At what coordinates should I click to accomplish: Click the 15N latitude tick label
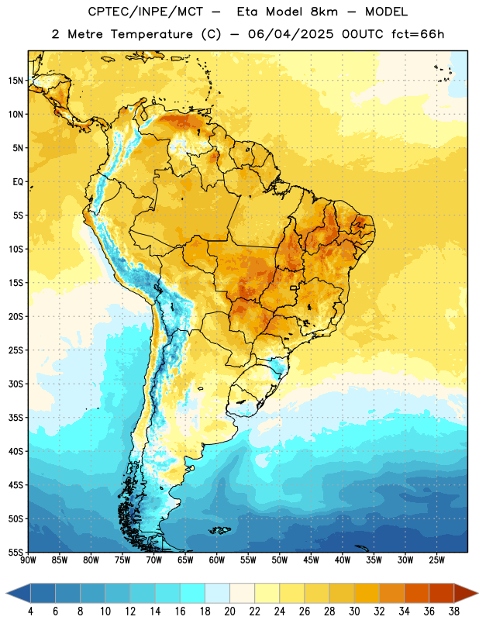(x=16, y=81)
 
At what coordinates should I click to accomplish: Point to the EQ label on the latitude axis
(x=18, y=182)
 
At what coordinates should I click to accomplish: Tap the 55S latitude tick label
(x=16, y=553)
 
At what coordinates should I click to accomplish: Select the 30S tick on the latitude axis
(x=16, y=384)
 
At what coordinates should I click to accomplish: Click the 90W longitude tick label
(x=29, y=560)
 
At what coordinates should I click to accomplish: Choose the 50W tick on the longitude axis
(x=280, y=560)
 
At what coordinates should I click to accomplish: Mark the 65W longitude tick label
(x=185, y=560)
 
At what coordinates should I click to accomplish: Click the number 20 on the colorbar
(x=229, y=611)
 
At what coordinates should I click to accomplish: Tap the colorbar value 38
(x=454, y=611)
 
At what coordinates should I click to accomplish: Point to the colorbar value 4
(x=30, y=611)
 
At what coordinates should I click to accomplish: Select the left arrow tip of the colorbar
(x=6, y=593)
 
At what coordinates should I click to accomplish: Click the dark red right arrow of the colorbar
(x=467, y=593)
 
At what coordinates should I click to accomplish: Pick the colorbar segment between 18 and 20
(x=218, y=593)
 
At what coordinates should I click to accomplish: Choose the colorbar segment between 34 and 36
(x=417, y=593)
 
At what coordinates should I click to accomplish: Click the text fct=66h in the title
(x=418, y=34)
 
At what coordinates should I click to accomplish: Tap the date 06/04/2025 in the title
(x=291, y=34)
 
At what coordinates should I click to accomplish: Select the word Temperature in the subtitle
(x=151, y=34)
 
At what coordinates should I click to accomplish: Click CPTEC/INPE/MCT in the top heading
(x=145, y=12)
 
